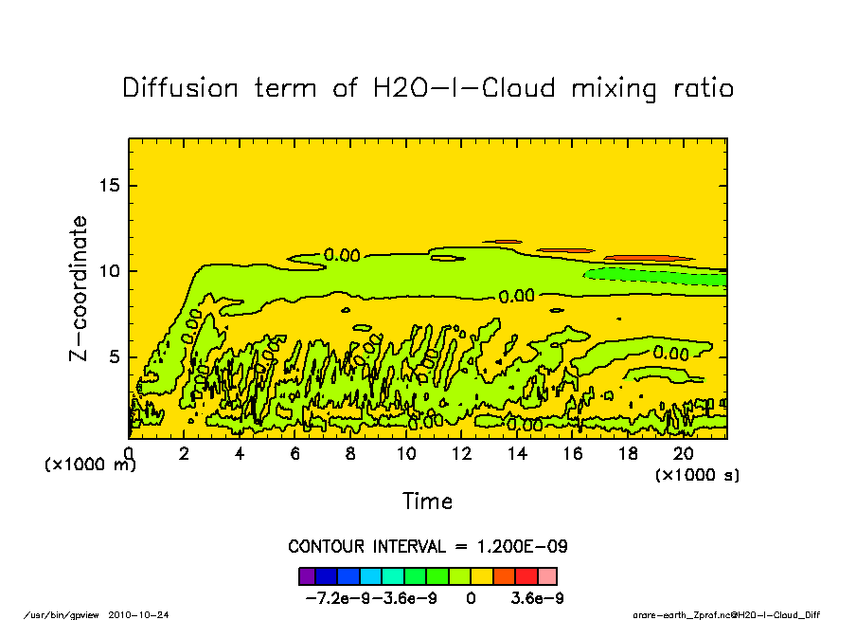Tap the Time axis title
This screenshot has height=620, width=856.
point(427,501)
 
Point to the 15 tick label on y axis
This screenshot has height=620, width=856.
point(110,185)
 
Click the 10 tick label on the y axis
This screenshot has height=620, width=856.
point(110,271)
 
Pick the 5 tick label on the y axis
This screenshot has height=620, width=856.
point(115,357)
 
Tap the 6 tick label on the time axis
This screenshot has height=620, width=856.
point(295,453)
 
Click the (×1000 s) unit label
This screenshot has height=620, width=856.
point(697,474)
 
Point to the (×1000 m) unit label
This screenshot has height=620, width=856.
point(91,465)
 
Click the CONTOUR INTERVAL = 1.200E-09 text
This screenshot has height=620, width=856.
point(427,547)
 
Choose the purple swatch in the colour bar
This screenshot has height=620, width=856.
point(306,575)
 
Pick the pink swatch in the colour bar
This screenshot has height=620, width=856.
point(547,575)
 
